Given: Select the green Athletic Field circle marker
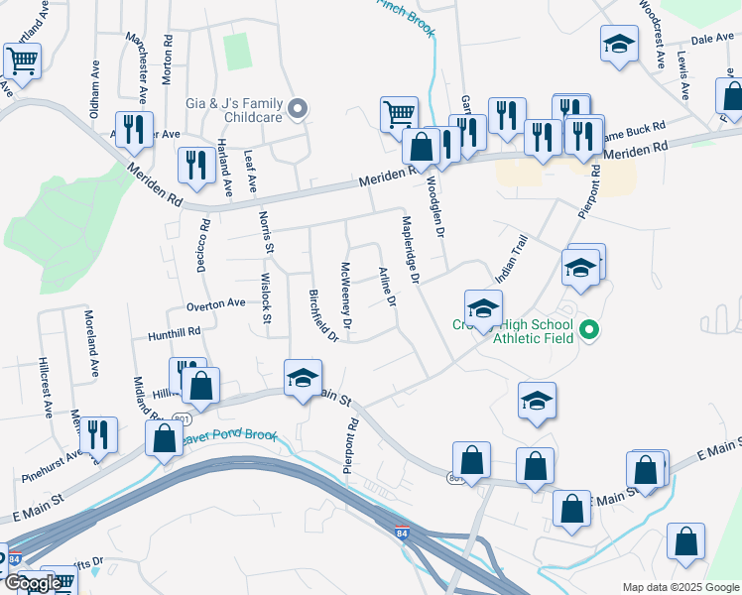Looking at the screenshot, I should (x=588, y=329).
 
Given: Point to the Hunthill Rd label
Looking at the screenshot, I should (x=175, y=333).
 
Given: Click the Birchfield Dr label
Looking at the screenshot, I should (x=324, y=315).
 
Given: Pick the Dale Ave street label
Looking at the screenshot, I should (x=710, y=39).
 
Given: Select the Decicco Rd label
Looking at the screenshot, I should (x=204, y=238).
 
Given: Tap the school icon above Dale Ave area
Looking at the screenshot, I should (x=619, y=44).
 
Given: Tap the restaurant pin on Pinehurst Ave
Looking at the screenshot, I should (x=97, y=433).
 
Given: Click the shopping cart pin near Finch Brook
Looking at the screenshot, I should (x=399, y=113).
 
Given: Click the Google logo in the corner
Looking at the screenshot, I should (x=32, y=583).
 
